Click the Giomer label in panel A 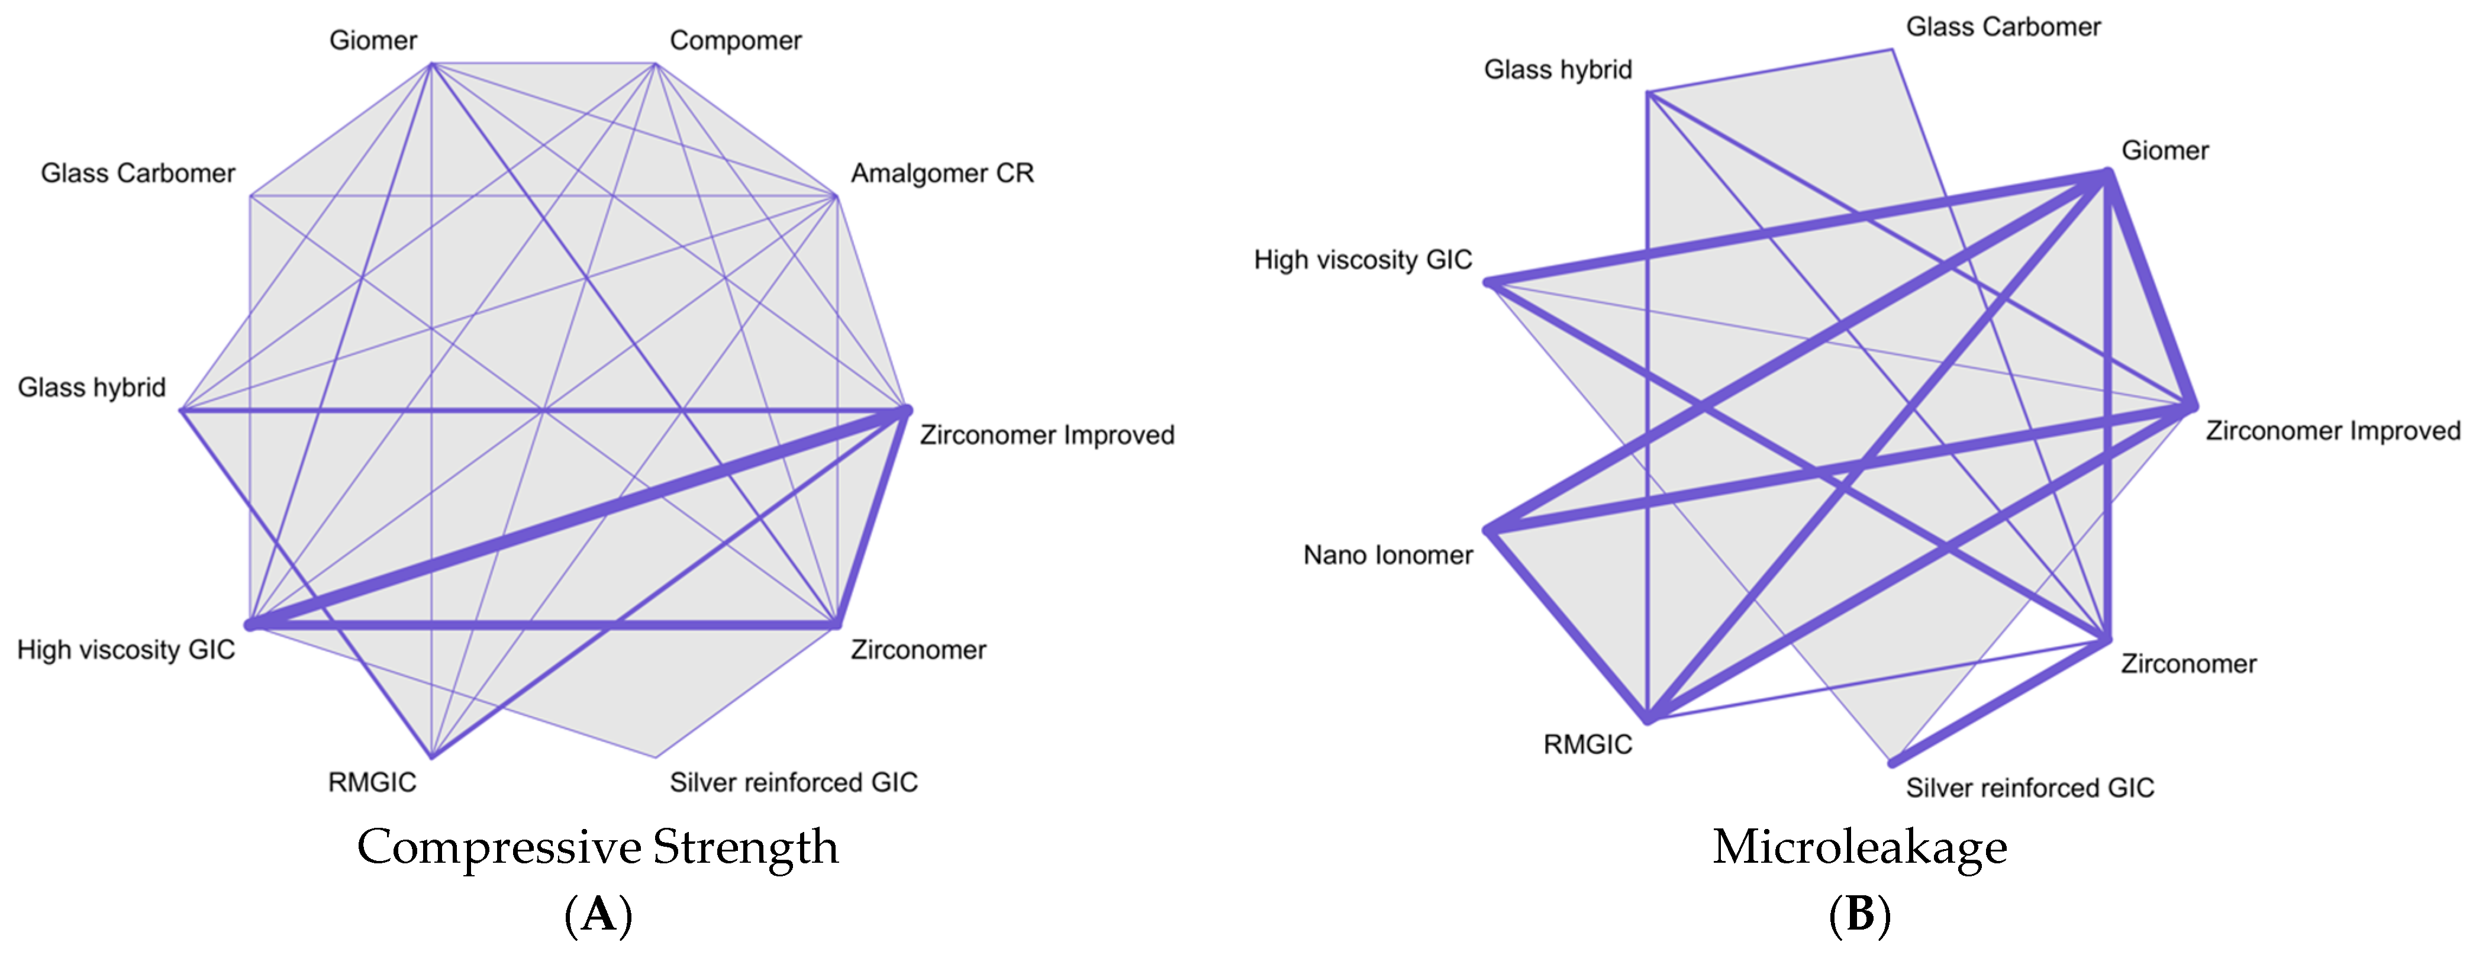point(373,40)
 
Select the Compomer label point(736,40)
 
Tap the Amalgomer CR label point(942,173)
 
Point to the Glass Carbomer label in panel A point(137,173)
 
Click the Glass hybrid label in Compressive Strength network point(91,387)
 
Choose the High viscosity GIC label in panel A point(126,650)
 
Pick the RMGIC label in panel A point(372,782)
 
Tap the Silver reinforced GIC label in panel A point(793,782)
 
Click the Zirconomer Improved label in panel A point(1047,436)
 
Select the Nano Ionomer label point(1387,556)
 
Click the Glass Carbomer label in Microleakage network point(2003,27)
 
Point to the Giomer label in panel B point(2165,151)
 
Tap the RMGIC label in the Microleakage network point(1587,745)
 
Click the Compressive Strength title point(598,847)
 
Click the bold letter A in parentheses point(598,914)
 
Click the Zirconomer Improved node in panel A point(904,411)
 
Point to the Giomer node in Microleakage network point(2106,173)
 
